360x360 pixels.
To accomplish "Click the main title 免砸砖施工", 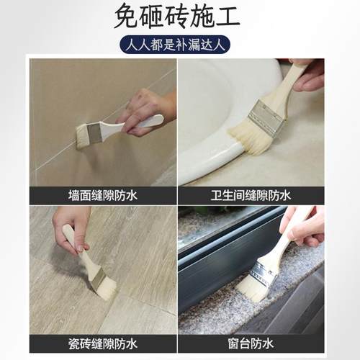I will point(180,17).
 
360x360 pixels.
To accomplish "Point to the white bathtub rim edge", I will point(209,162).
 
